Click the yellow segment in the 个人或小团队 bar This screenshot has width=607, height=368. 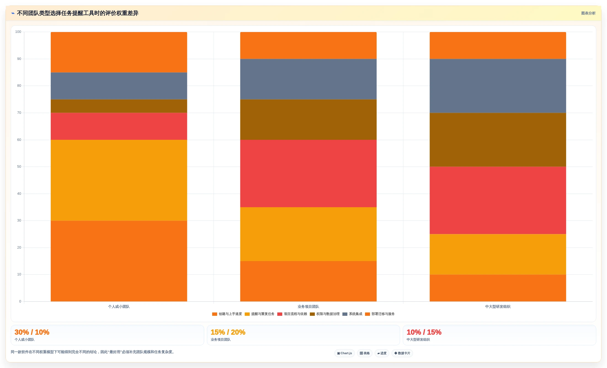point(119,180)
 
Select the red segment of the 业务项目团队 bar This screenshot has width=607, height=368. point(308,174)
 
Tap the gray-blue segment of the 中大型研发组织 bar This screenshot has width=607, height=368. point(498,86)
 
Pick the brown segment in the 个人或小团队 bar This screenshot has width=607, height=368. point(119,106)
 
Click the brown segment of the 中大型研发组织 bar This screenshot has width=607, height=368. point(498,140)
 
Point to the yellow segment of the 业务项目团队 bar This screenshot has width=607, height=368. point(308,234)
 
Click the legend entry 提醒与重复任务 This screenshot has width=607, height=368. point(260,314)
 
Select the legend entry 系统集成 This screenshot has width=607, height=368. point(352,314)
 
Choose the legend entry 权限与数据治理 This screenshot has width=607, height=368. point(325,314)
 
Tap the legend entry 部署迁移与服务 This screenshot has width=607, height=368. point(380,314)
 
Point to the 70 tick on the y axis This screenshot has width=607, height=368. point(19,113)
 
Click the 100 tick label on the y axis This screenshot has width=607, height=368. point(18,32)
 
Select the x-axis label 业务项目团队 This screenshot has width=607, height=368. point(308,307)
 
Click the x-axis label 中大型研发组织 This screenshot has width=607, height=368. point(498,307)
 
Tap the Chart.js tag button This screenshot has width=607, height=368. point(345,353)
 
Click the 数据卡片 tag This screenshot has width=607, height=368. point(402,353)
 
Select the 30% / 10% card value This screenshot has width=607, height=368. point(32,332)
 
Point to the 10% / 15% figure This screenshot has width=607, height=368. point(424,332)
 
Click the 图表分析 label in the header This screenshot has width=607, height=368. point(588,13)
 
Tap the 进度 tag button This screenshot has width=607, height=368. point(382,353)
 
